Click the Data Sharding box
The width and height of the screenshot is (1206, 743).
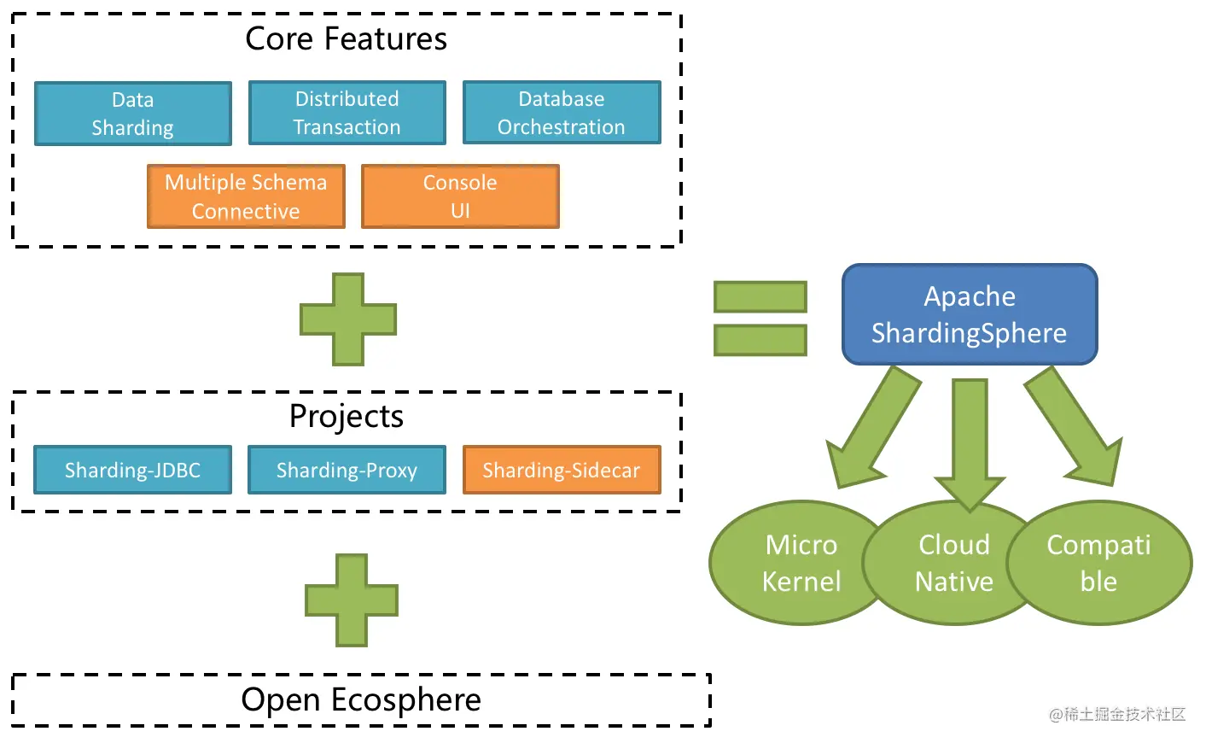[133, 114]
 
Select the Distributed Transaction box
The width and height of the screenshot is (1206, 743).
[347, 113]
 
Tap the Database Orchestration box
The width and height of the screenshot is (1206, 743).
[562, 113]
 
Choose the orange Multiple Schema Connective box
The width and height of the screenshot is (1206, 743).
[246, 196]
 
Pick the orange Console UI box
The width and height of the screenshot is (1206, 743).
[460, 196]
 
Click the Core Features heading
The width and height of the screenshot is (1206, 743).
[346, 39]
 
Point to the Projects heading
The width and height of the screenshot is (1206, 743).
[346, 417]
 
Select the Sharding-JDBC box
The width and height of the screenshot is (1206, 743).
[133, 470]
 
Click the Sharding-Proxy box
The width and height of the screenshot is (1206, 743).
[347, 470]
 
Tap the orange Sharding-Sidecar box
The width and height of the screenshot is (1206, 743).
[562, 470]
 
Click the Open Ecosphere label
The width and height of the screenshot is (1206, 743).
[361, 699]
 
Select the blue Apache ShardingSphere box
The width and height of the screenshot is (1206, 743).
[970, 314]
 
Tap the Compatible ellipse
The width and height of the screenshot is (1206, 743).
[1101, 564]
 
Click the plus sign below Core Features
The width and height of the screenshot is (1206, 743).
[348, 319]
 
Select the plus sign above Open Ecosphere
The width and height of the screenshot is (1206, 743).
[352, 600]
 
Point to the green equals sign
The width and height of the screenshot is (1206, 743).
[760, 319]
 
